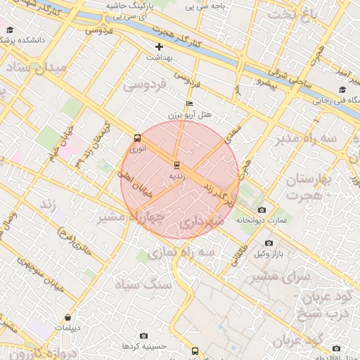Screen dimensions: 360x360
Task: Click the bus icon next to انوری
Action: click(x=137, y=139)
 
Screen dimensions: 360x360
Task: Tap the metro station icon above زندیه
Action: click(x=176, y=165)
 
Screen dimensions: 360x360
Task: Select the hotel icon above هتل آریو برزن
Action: click(x=189, y=104)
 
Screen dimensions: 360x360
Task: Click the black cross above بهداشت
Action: click(x=159, y=46)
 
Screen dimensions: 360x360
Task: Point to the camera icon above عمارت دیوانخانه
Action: click(x=262, y=210)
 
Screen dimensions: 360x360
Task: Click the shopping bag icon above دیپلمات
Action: click(x=67, y=318)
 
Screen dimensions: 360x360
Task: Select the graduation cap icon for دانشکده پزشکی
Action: click(x=10, y=30)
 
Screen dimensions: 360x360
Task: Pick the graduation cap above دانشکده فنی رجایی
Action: click(x=342, y=89)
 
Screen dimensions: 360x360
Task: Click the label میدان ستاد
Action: click(x=39, y=68)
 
